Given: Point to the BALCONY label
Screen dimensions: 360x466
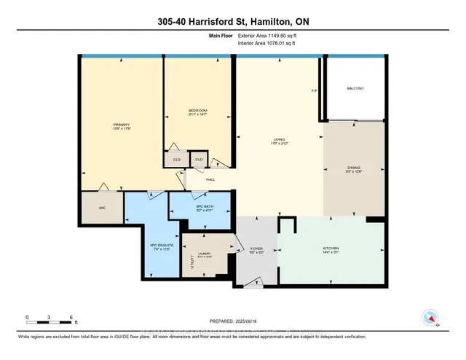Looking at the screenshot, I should pos(356,89).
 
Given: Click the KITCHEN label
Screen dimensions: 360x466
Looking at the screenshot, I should pos(331,249).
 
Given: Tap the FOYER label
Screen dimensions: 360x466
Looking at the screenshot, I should pos(256,249).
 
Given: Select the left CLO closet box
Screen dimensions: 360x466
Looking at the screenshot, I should pos(175,158).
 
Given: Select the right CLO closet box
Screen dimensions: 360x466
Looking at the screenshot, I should pos(199,158).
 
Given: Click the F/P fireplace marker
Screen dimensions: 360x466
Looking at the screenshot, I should pos(315,91).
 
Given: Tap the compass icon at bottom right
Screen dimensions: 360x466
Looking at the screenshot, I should pos(429,317).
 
